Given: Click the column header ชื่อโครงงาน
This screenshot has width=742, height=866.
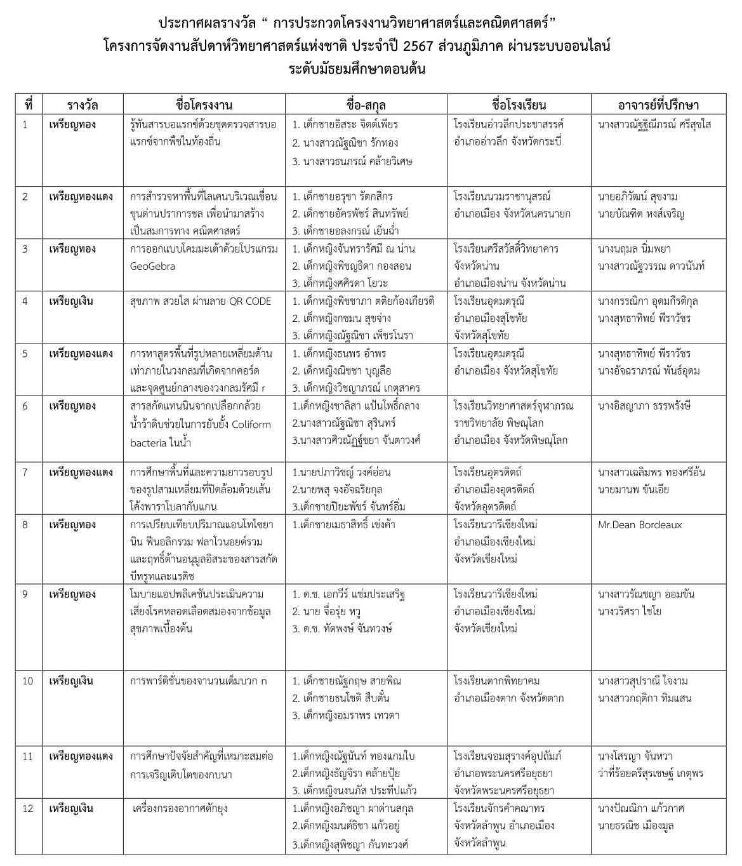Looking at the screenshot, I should (204, 105).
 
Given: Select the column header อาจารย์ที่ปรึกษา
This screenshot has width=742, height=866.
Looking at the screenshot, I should (658, 105).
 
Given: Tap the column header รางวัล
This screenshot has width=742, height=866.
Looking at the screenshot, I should (83, 105).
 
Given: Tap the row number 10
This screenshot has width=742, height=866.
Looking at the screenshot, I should (28, 681).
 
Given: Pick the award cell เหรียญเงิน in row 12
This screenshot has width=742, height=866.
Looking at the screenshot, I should (70, 808).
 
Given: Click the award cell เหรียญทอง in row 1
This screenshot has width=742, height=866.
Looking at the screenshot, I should (72, 124).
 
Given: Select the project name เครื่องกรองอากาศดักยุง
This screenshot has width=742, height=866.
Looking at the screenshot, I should (180, 808).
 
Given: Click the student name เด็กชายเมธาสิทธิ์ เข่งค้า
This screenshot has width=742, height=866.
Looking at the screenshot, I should (343, 525).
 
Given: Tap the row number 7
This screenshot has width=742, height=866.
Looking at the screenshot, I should (25, 472).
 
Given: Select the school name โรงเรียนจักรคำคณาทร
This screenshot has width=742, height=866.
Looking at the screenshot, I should (500, 808).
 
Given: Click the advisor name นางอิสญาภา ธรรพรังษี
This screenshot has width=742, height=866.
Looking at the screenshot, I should (644, 406).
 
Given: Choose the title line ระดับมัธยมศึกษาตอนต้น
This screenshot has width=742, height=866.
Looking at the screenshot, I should (357, 69).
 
